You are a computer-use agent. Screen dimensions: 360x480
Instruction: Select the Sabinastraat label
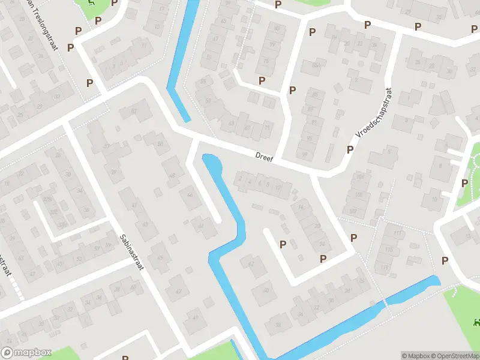(131, 252)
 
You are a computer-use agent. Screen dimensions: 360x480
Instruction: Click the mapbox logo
(26, 353)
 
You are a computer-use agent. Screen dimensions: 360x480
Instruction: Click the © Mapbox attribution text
(415, 356)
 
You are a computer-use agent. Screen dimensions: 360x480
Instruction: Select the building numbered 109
(352, 211)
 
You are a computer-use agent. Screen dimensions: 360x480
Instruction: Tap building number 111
(396, 233)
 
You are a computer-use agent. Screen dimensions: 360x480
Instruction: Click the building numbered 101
(359, 176)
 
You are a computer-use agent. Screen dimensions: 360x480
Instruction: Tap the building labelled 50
(160, 143)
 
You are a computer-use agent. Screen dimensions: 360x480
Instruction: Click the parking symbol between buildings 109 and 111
(354, 238)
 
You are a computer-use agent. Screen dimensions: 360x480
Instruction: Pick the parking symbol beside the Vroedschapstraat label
(350, 149)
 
